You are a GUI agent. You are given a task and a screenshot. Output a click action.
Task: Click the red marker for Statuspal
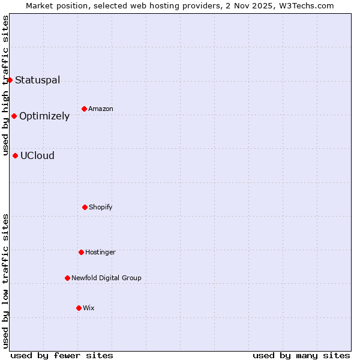(x=10, y=80)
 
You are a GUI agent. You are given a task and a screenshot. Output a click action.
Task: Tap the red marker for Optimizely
(x=14, y=116)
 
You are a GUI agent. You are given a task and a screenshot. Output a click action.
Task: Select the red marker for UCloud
(x=15, y=155)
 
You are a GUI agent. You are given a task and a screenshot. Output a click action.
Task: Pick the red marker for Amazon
(x=84, y=109)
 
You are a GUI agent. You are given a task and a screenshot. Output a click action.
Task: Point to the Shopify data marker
(x=85, y=207)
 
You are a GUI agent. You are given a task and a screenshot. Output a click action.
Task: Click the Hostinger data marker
(x=81, y=252)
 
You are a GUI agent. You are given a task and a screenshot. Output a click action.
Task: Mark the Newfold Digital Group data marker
(x=67, y=278)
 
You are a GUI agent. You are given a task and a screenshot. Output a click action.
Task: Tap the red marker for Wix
(x=79, y=308)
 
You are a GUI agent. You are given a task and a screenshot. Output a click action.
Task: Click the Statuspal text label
(x=38, y=80)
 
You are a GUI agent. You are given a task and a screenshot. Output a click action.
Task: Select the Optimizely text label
(x=44, y=116)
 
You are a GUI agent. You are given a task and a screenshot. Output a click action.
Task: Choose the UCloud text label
(x=37, y=155)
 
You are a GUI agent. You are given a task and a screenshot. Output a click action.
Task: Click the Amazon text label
(x=101, y=109)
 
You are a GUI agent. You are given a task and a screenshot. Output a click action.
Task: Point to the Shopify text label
(x=101, y=207)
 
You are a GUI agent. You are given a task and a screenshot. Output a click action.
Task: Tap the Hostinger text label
(x=100, y=252)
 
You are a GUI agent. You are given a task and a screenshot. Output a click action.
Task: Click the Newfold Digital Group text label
(x=106, y=278)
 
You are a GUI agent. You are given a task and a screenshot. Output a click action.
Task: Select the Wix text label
(x=89, y=308)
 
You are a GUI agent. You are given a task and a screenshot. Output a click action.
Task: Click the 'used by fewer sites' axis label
(x=62, y=355)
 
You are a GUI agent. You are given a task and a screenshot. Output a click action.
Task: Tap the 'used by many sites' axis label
(x=301, y=355)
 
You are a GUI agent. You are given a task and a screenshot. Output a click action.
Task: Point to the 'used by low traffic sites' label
(x=5, y=281)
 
